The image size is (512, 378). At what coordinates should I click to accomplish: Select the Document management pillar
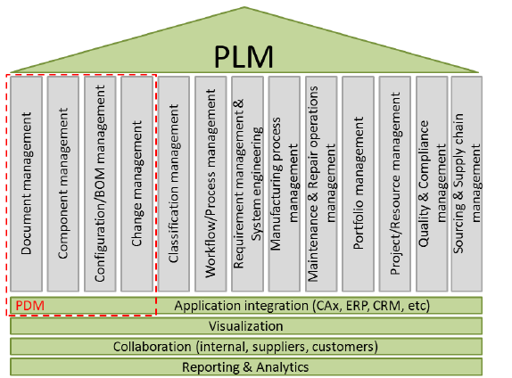(x=28, y=184)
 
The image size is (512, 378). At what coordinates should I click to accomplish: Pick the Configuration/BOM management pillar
(x=101, y=184)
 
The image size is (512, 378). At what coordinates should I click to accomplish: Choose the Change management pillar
(x=137, y=184)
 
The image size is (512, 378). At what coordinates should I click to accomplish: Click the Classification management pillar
(x=175, y=184)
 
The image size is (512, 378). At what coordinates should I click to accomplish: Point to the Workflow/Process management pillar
(x=211, y=184)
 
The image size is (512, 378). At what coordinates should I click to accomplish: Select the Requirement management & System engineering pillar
(x=248, y=184)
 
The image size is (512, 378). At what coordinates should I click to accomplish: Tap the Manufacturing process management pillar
(x=285, y=184)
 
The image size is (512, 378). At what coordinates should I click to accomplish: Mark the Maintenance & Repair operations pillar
(x=321, y=184)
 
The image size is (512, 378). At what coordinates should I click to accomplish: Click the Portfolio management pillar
(x=358, y=184)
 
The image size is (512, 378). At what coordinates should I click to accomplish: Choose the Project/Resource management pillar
(x=394, y=184)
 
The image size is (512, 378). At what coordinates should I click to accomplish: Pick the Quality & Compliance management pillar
(x=431, y=184)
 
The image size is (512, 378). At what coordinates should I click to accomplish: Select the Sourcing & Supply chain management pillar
(x=467, y=184)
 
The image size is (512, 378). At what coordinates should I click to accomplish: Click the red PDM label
(x=29, y=307)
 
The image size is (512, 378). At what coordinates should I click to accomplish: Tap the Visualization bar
(x=246, y=326)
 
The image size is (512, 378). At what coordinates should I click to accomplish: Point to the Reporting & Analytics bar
(x=246, y=366)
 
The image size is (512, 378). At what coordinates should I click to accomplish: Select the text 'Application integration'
(x=234, y=307)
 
